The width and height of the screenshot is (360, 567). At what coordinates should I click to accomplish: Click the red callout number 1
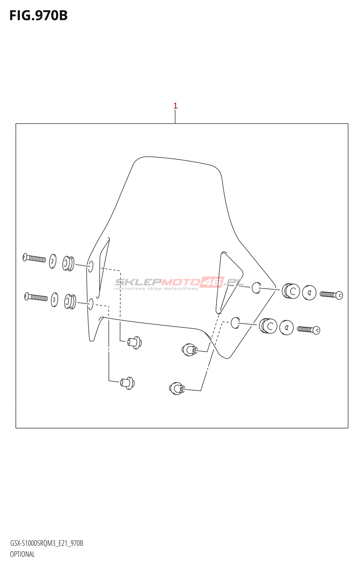tap(175, 106)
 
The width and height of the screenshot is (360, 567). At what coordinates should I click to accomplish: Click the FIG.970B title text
tap(38, 16)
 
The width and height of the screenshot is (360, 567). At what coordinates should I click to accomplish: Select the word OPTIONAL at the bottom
tap(22, 554)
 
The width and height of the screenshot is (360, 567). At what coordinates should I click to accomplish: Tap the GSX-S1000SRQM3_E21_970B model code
tap(46, 543)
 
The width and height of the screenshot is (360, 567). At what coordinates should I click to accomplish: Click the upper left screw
tap(34, 258)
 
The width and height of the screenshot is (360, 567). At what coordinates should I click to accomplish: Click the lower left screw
tap(36, 297)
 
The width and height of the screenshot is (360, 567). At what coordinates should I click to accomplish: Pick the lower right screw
tap(309, 330)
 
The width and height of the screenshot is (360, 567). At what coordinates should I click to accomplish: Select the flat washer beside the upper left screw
tap(53, 261)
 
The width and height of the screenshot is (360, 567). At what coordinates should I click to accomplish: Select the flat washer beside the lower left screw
tap(55, 299)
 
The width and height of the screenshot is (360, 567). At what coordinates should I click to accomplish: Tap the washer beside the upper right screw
tap(309, 293)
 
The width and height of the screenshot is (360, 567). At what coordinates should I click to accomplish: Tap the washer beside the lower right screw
tap(286, 327)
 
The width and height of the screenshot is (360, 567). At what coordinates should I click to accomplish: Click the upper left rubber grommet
tap(68, 263)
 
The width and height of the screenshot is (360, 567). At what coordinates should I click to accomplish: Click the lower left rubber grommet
tap(70, 302)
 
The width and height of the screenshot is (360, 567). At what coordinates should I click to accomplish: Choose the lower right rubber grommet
tap(268, 326)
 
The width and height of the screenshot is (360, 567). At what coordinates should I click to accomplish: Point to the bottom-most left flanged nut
tap(127, 383)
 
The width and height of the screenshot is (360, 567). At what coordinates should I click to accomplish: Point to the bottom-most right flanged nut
tap(176, 388)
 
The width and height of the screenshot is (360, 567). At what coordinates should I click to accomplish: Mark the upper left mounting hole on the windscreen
tap(91, 266)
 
